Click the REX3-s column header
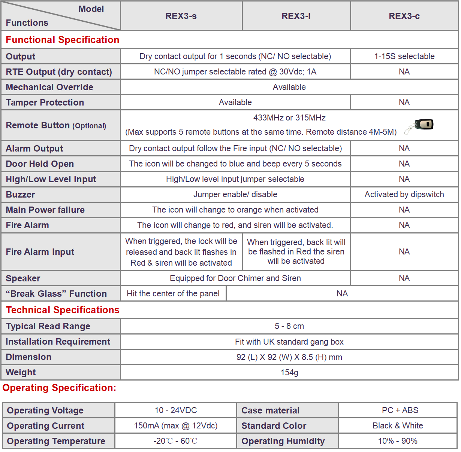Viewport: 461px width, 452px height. click(181, 16)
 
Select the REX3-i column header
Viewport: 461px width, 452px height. click(296, 16)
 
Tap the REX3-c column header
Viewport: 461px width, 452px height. click(404, 16)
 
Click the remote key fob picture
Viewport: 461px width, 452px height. click(420, 126)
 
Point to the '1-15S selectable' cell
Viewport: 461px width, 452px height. click(404, 56)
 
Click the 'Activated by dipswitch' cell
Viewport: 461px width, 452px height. click(404, 195)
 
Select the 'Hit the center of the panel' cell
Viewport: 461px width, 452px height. click(173, 294)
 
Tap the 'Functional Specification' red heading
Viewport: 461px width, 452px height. click(63, 40)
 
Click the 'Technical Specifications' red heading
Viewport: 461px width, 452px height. click(63, 310)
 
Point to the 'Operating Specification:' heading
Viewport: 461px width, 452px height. click(59, 388)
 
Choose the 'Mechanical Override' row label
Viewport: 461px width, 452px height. click(49, 87)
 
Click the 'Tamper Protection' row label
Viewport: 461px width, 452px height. click(45, 103)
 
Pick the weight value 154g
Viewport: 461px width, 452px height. click(289, 373)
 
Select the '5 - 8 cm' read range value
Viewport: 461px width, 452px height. click(289, 326)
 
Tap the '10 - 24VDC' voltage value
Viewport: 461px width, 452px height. click(176, 410)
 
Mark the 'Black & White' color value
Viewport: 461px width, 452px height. click(398, 426)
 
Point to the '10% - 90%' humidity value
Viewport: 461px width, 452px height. click(398, 441)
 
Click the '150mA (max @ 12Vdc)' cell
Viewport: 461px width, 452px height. click(176, 426)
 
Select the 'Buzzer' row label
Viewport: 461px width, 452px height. click(20, 195)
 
